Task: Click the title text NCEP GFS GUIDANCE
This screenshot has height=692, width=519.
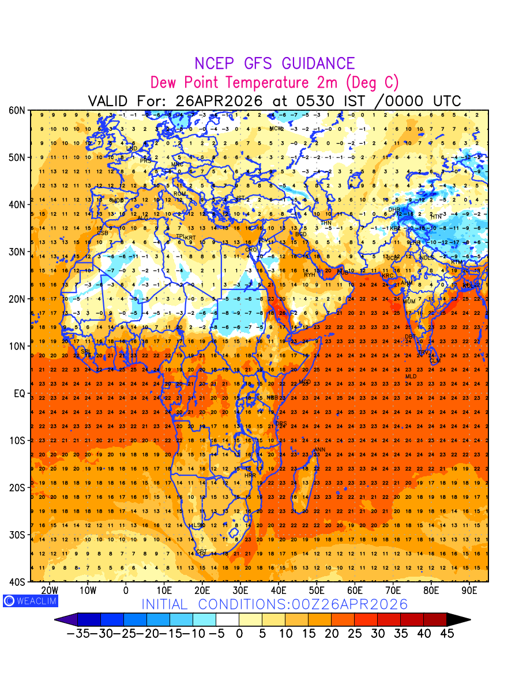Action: point(274,63)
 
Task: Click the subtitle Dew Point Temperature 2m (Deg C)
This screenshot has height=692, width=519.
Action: point(274,82)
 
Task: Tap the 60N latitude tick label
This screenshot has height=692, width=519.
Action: point(17,110)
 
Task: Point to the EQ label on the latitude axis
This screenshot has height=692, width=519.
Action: point(18,393)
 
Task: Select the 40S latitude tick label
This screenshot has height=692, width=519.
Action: point(17,582)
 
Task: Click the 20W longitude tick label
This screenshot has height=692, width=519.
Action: point(50,591)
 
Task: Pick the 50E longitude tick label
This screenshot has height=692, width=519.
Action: point(317,591)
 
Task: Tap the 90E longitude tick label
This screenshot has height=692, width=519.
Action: point(469,591)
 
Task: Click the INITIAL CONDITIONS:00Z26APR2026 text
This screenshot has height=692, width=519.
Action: point(274,604)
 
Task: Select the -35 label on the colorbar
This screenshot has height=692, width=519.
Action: point(77,634)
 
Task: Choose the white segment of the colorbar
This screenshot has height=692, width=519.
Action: point(227,620)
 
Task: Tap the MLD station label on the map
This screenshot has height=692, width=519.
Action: point(411,377)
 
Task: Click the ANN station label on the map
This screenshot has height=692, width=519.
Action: point(319,450)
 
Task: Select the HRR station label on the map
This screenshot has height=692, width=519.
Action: point(250,476)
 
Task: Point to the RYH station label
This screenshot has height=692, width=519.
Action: point(310,275)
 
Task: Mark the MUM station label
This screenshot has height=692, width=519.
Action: point(409,302)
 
